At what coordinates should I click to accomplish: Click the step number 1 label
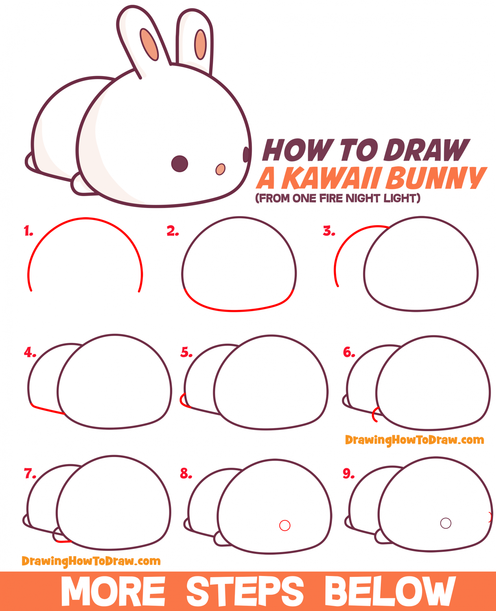28,231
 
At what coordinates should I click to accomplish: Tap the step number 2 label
173,231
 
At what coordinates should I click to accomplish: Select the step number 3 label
329,231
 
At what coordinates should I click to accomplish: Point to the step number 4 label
30,352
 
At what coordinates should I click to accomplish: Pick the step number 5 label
186,352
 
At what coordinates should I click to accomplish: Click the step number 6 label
349,352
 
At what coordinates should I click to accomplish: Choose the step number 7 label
30,473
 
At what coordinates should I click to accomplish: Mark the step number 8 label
186,473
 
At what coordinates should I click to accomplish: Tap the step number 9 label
349,473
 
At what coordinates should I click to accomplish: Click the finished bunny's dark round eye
180,163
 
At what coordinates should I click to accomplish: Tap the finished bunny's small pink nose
220,169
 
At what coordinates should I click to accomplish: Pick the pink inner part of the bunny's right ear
200,44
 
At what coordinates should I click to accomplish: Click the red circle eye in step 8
285,525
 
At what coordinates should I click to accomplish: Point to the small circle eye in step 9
446,523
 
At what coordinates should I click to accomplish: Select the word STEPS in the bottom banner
245,592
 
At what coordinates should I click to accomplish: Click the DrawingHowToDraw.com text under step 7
91,561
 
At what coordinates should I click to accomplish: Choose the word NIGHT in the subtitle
363,198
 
